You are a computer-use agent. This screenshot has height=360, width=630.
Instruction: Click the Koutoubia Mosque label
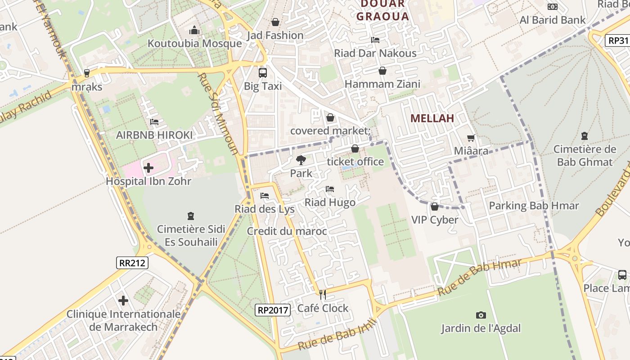click(x=194, y=44)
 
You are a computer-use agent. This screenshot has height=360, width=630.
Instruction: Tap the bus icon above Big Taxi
click(x=262, y=72)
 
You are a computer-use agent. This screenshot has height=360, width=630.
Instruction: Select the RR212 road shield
click(x=132, y=263)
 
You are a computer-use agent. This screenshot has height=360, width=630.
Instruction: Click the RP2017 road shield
click(x=272, y=310)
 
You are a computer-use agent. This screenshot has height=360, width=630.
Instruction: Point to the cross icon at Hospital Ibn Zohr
click(x=148, y=168)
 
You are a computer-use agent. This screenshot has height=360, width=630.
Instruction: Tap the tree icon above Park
click(x=301, y=160)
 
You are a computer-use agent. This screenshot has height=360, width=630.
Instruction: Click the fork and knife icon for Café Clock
click(x=322, y=295)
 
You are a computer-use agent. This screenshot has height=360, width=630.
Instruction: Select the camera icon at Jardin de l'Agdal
click(x=481, y=315)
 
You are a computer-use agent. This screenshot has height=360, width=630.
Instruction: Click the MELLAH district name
click(x=432, y=118)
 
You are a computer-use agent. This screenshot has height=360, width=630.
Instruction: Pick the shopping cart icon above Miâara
click(x=471, y=138)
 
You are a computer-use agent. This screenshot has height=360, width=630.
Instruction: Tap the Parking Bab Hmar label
click(x=534, y=206)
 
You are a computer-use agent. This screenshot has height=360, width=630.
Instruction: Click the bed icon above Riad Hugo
click(x=330, y=189)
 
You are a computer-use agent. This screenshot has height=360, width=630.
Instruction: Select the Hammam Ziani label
click(x=382, y=84)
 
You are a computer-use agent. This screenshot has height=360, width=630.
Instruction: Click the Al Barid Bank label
click(x=552, y=20)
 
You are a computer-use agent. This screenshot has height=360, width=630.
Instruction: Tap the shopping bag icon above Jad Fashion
click(x=275, y=22)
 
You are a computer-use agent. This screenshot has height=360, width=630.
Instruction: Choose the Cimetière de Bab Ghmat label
click(x=584, y=156)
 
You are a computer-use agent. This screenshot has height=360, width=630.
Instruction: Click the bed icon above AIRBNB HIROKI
click(x=154, y=122)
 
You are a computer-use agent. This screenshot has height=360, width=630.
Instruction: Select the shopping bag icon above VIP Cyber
click(x=434, y=207)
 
